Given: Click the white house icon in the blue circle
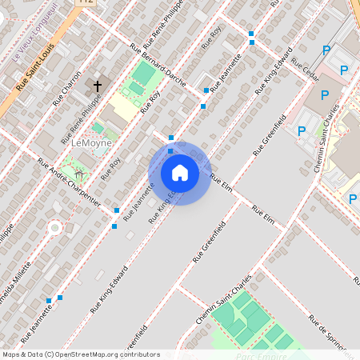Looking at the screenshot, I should (x=179, y=173).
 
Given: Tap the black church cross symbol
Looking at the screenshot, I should (x=98, y=86).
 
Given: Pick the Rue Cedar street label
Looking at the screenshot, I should (x=306, y=69).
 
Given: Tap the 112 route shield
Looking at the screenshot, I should (x=86, y=2).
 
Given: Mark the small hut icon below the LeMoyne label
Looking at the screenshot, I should (x=78, y=174).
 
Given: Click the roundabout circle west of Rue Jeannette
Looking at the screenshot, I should (x=54, y=227).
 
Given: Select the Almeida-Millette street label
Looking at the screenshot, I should (x=19, y=273).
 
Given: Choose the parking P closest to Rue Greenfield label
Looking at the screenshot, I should (x=302, y=131).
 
